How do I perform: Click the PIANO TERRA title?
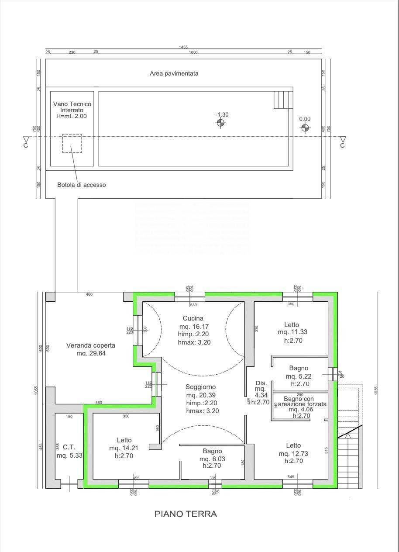(x=186, y=514)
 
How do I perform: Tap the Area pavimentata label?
(x=174, y=73)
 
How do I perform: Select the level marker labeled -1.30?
(x=222, y=123)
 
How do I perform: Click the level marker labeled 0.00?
(x=305, y=128)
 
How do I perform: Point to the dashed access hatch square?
(x=72, y=143)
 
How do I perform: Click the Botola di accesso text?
(x=81, y=185)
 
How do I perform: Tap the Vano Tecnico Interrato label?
(x=72, y=110)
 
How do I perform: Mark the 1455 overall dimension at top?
(x=184, y=47)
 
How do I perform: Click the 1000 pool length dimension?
(x=193, y=52)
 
